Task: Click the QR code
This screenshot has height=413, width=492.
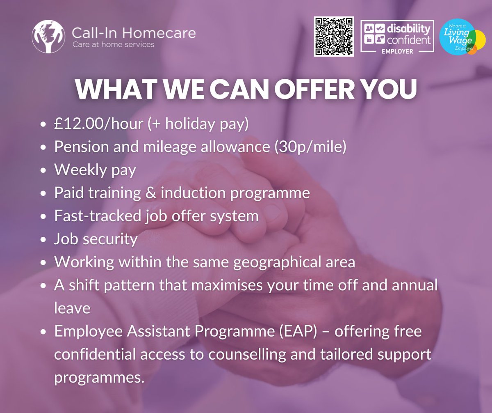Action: pyautogui.click(x=333, y=37)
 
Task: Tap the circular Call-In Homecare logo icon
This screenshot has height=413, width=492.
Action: pyautogui.click(x=49, y=37)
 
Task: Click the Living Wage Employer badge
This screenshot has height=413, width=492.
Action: pyautogui.click(x=462, y=39)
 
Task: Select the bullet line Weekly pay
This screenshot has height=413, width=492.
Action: pyautogui.click(x=95, y=170)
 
